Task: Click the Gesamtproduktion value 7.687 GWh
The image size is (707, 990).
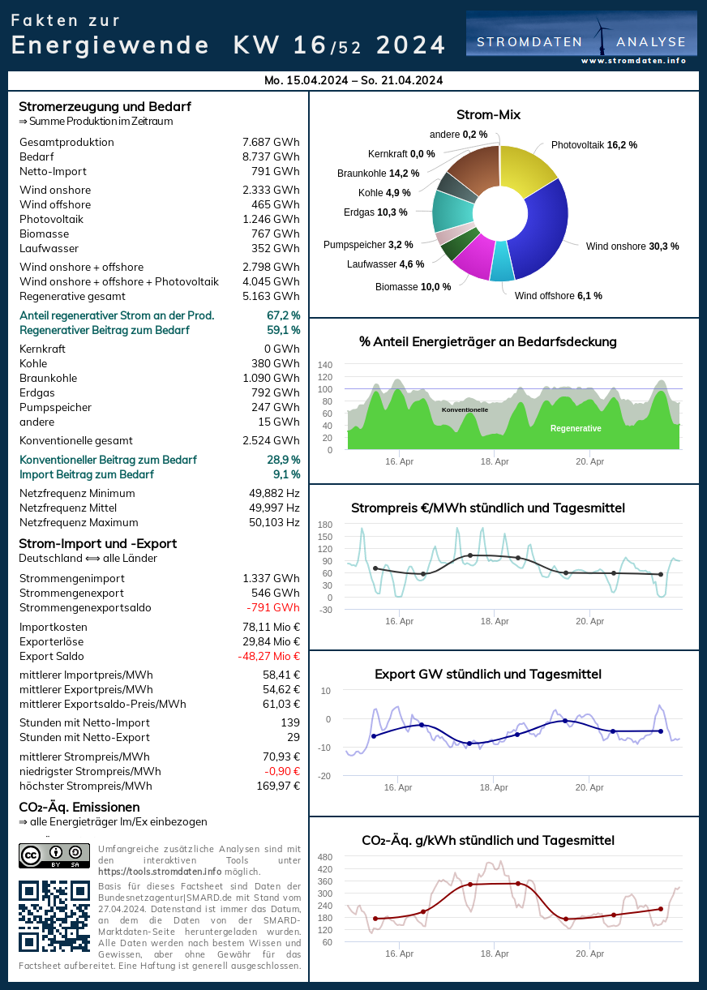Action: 271,142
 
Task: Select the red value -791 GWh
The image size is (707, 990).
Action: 273,607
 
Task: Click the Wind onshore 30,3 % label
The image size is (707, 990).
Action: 632,246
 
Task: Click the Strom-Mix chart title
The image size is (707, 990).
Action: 488,114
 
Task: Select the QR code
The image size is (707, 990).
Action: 54,915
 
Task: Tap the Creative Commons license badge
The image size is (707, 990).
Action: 54,855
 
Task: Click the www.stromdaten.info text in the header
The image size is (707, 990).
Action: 633,61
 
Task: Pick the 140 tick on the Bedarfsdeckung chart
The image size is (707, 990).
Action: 325,365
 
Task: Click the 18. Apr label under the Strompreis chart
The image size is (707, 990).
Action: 495,621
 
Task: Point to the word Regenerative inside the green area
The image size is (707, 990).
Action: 576,428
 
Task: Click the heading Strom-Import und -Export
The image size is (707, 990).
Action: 97,543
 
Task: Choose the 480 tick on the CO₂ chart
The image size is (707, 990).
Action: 325,857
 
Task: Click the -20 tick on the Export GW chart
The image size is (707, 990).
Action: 324,776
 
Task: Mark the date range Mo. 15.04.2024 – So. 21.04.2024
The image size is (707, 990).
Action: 353,80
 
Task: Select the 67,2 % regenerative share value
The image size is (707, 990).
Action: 283,315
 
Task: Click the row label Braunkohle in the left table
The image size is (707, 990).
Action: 49,378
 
